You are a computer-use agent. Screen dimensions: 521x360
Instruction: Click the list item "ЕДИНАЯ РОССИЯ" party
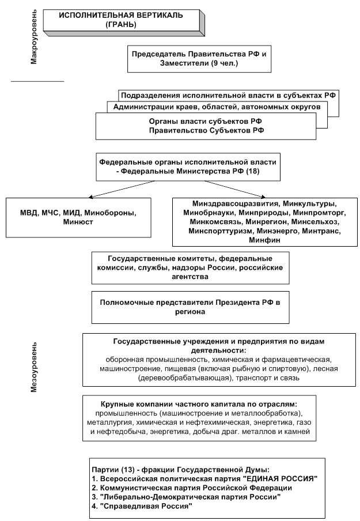205,480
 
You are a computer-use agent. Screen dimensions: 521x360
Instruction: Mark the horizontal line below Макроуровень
37,81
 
